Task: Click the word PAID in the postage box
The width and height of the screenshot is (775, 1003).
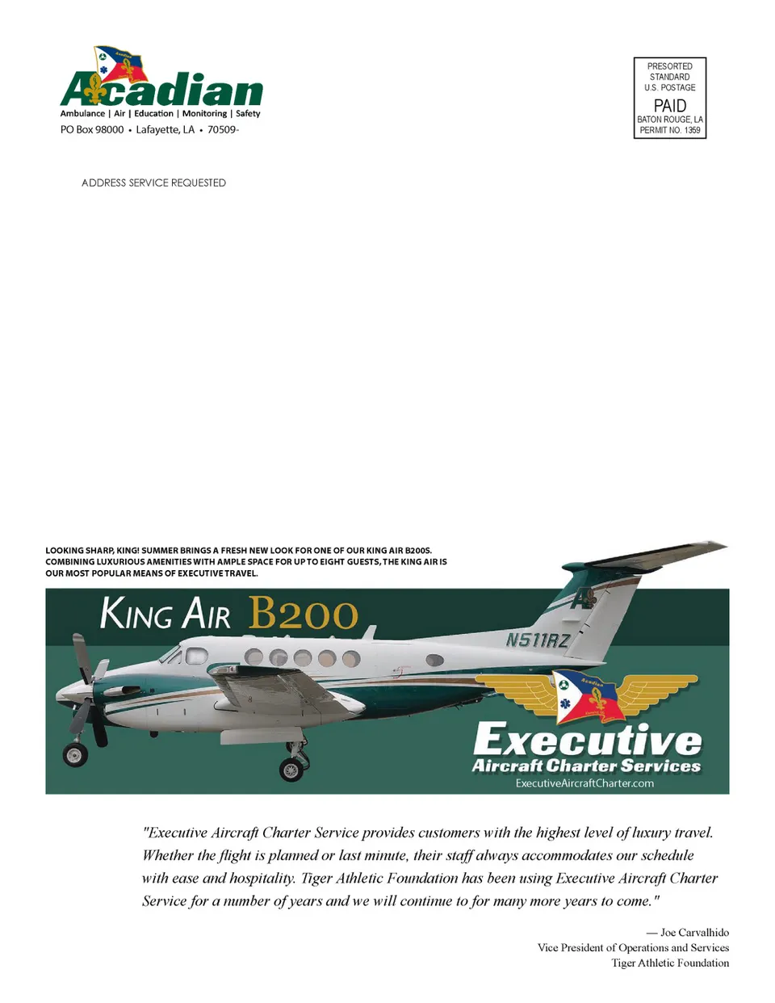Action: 669,106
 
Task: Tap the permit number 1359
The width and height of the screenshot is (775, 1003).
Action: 692,130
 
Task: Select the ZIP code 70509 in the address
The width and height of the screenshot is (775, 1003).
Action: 222,129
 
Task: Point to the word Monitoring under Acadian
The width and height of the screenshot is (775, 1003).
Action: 204,114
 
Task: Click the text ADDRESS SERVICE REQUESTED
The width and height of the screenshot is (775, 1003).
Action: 153,183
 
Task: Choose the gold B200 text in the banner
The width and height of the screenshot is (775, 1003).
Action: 303,613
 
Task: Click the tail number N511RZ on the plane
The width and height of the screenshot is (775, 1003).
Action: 538,640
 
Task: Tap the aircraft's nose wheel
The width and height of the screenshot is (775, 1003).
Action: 75,755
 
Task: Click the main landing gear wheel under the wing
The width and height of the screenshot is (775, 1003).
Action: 291,770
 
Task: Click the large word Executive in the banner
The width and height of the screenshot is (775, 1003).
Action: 587,738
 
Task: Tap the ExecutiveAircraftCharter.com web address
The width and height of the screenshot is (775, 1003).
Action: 584,783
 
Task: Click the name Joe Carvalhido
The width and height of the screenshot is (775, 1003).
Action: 694,932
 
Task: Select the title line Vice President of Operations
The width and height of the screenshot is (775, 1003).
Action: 633,947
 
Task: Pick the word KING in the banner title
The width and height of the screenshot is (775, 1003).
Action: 136,613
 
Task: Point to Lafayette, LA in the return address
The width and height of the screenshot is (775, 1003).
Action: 165,129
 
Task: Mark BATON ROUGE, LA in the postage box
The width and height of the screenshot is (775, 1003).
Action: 669,120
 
